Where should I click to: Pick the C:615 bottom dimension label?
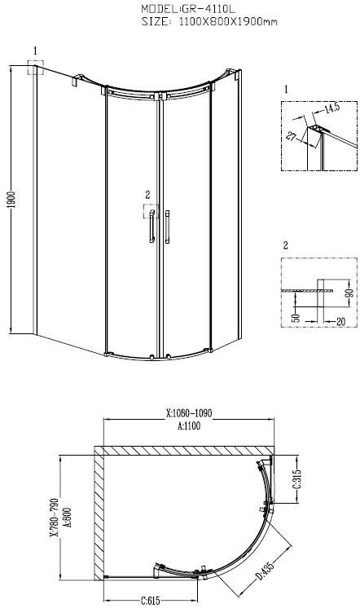[147, 601]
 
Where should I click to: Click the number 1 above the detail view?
[287, 87]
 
